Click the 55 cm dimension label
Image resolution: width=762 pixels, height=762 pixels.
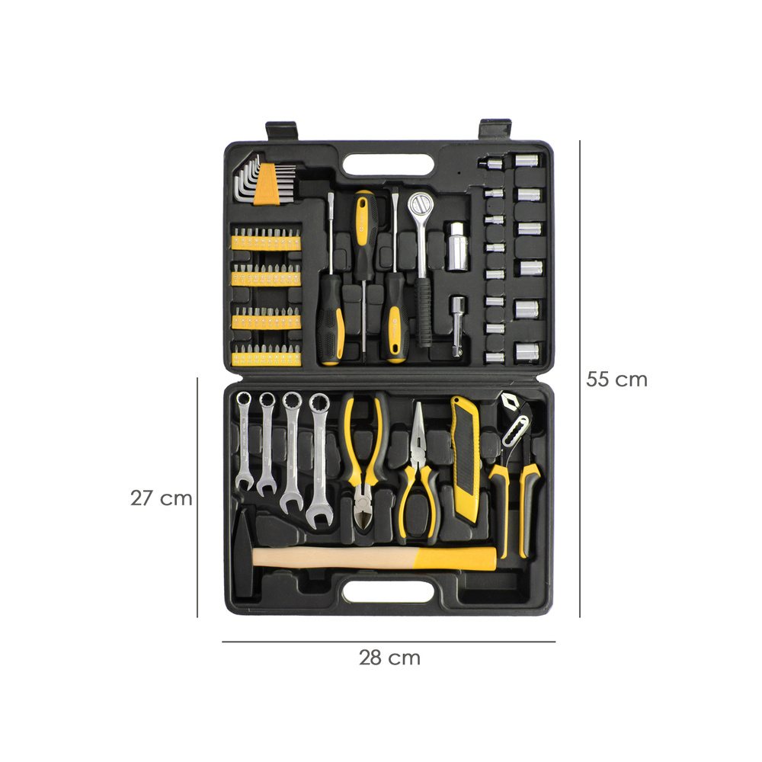616,379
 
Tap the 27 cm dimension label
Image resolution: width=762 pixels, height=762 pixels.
161,498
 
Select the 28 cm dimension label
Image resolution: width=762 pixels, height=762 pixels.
389,658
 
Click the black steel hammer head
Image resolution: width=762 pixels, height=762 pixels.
244,551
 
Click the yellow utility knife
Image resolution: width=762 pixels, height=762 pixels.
465,459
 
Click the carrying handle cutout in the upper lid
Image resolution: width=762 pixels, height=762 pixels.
389,165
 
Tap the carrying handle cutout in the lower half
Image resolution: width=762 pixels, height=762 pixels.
389,592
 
